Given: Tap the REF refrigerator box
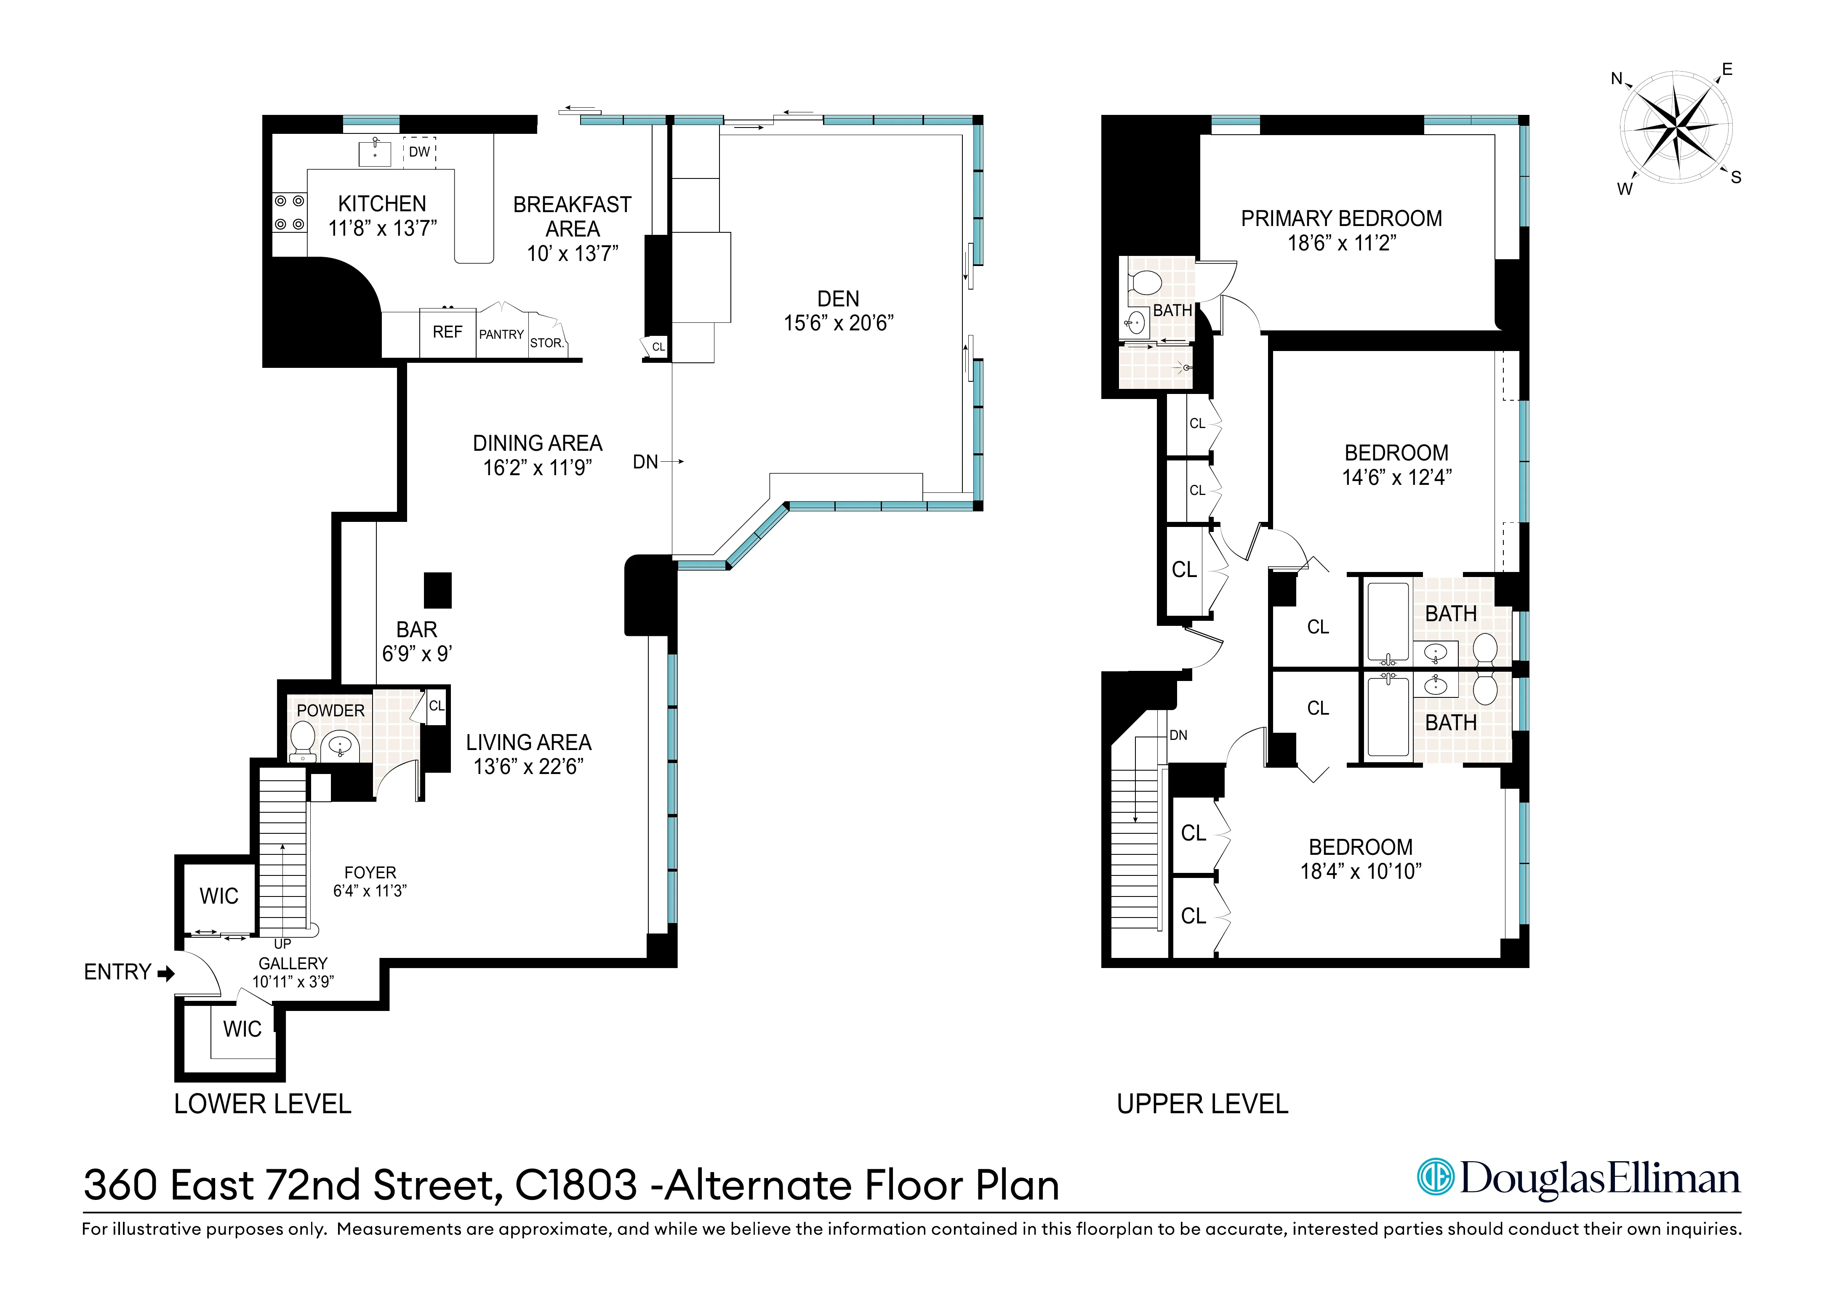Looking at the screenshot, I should point(448,332).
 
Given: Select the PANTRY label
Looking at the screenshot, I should point(501,335).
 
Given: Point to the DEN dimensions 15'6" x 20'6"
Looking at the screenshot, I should point(839,323).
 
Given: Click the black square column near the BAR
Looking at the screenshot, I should point(437,590).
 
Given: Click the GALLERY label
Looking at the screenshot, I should point(293,963).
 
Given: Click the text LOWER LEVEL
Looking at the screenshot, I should point(262,1104).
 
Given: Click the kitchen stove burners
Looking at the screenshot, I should point(289,213).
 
